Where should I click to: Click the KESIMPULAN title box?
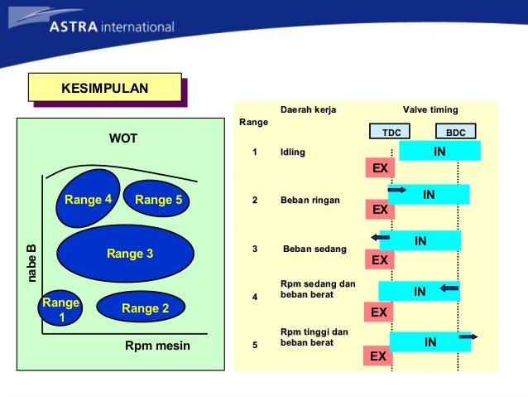[104, 87]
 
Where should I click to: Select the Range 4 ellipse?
[88, 200]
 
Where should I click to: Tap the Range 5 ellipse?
[158, 200]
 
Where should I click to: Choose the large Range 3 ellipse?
[130, 254]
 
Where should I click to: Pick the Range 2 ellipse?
[145, 308]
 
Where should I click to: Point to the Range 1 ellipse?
[60, 310]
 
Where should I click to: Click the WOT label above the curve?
[123, 138]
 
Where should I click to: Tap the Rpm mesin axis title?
[157, 346]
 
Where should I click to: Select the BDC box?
[455, 133]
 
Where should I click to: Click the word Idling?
[292, 153]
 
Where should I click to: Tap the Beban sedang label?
[314, 249]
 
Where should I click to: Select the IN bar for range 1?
[439, 151]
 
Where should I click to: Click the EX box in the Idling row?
[380, 168]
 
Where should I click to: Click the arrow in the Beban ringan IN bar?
[396, 191]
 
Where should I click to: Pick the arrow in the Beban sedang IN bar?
[381, 238]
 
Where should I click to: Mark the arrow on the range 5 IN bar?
[468, 336]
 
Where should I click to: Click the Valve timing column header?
[430, 110]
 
